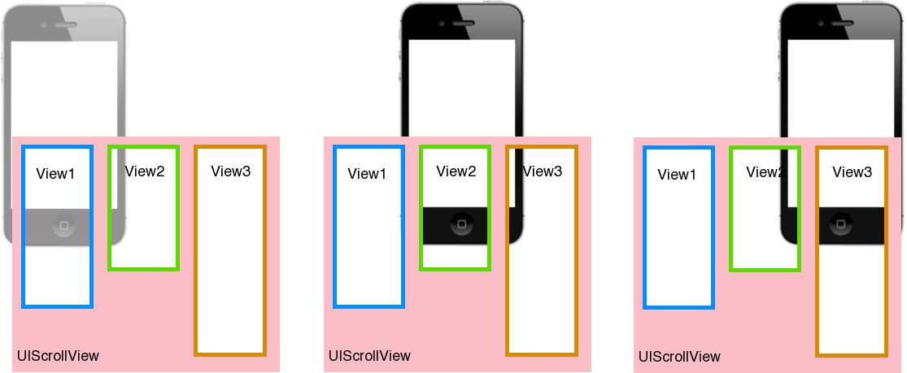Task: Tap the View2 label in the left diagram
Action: (145, 171)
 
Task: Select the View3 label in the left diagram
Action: (231, 171)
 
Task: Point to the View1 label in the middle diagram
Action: (368, 174)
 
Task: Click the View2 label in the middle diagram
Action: (456, 171)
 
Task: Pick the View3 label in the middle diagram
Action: (543, 171)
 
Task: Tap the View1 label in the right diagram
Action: (678, 174)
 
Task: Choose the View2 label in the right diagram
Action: (765, 172)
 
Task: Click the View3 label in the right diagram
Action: (852, 172)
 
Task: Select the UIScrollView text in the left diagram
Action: (59, 356)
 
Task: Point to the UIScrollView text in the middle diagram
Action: (370, 356)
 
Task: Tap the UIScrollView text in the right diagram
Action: (680, 357)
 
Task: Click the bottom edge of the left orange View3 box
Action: (230, 354)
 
